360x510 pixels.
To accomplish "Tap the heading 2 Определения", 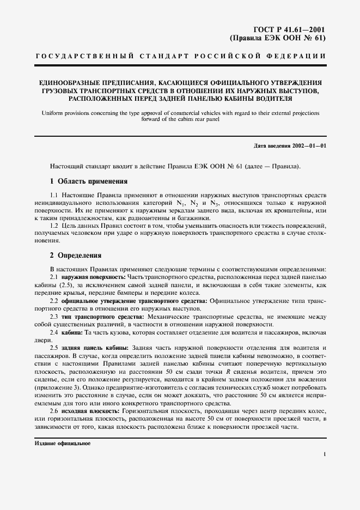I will (75, 255).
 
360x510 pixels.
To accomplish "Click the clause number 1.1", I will (54, 195).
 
